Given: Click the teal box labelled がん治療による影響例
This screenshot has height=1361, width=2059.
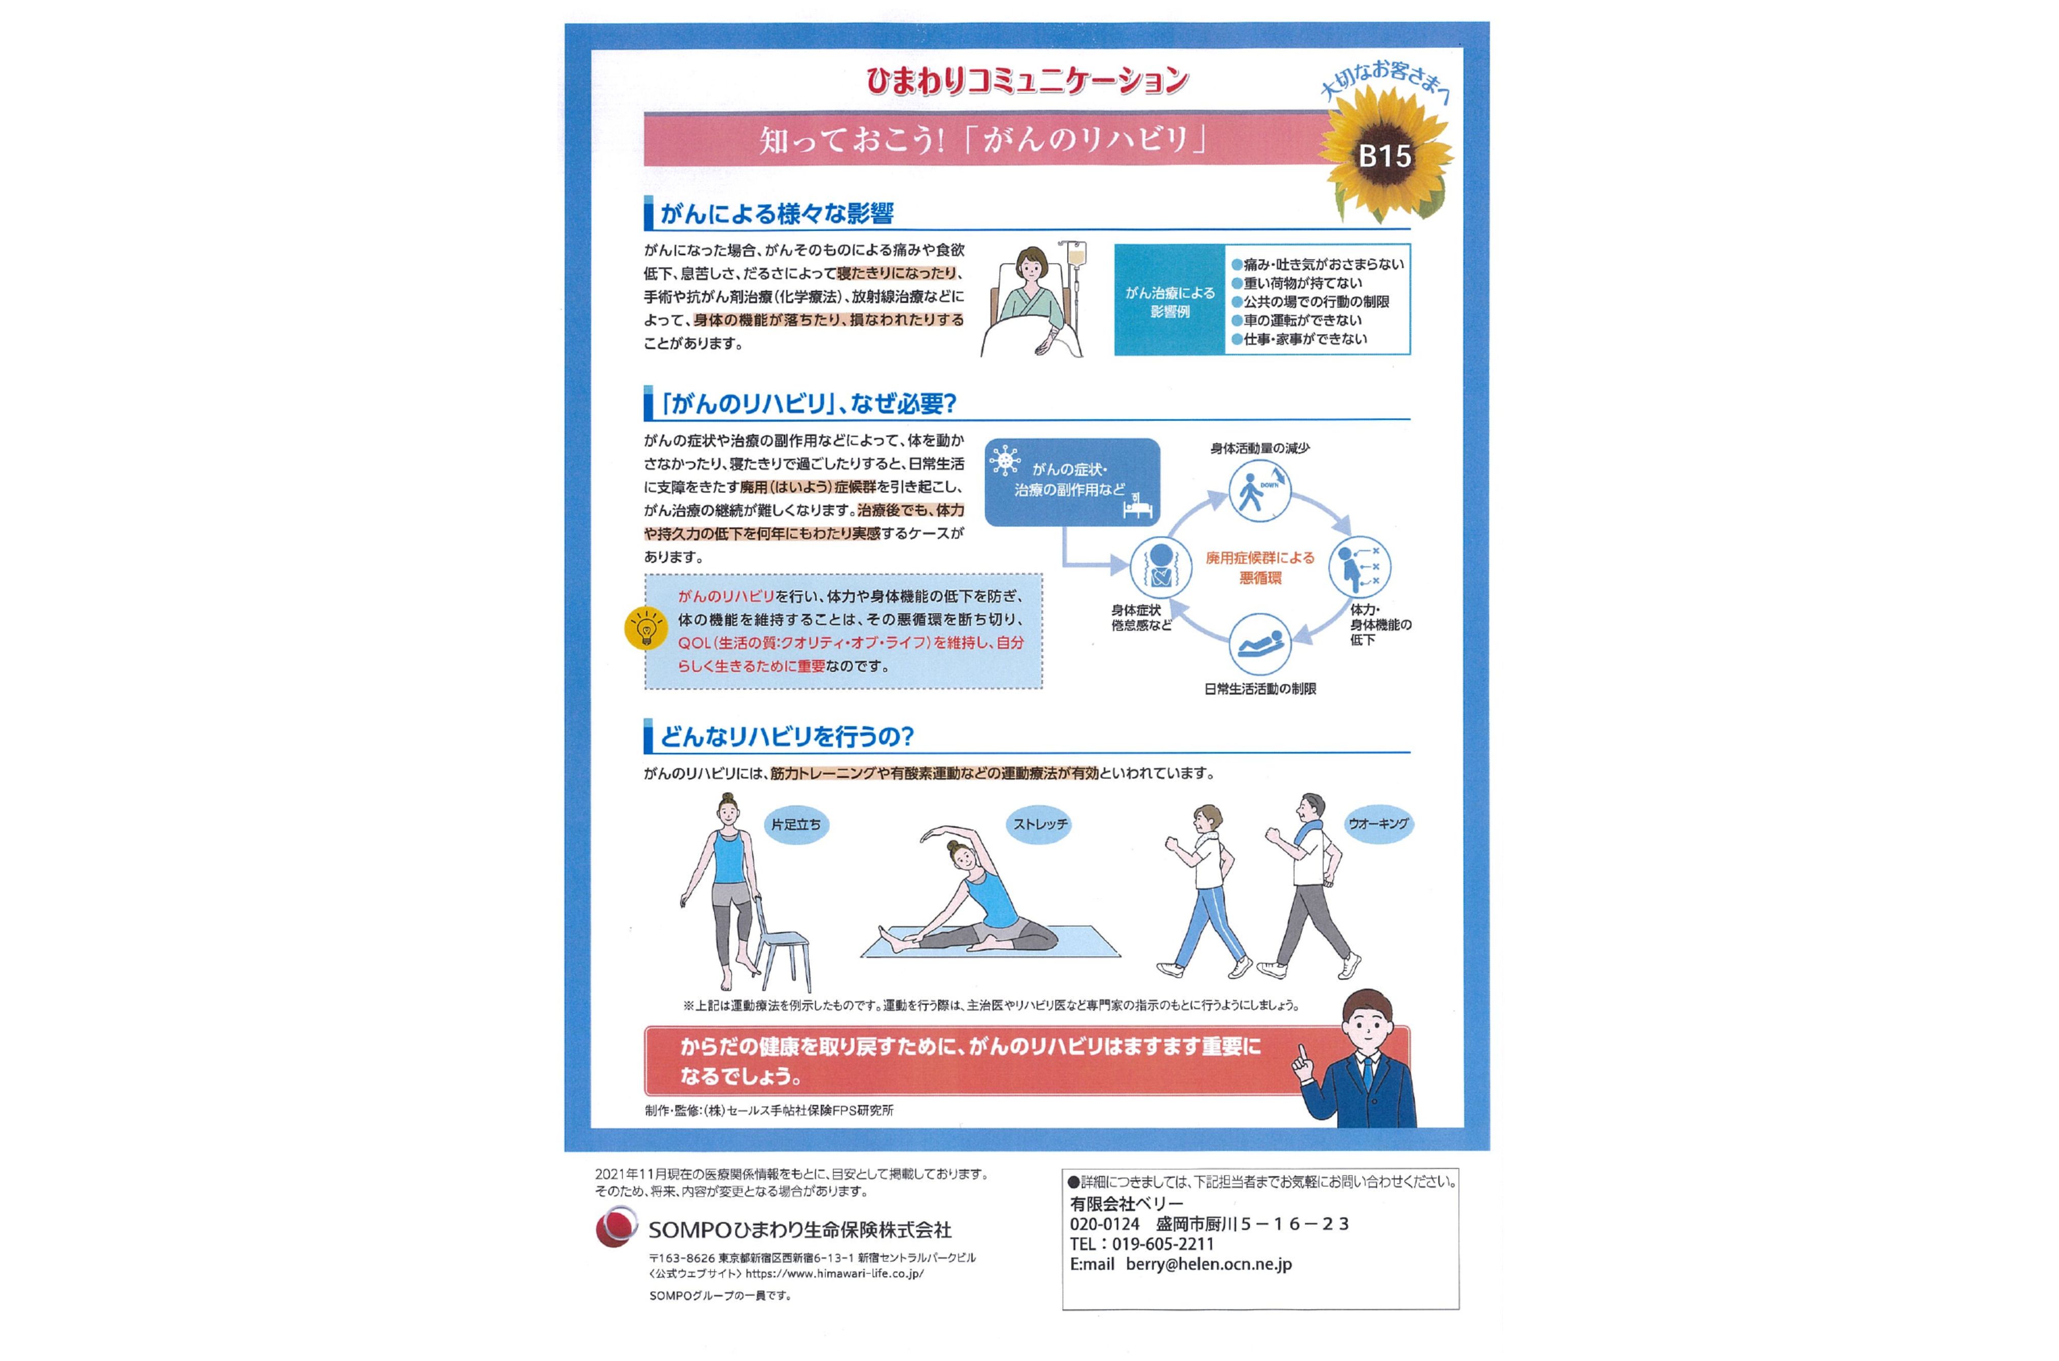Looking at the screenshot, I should pos(1170,301).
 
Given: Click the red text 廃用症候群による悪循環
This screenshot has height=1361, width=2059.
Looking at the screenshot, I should pos(1259,567).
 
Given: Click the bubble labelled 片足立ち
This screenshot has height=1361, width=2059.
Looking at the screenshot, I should pos(796,825).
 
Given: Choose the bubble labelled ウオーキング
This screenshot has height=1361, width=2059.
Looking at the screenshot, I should pos(1378,823).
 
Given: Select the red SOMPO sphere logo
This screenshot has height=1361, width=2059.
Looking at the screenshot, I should pos(616,1228).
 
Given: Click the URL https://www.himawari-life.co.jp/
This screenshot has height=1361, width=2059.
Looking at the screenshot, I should pos(834,1274).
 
